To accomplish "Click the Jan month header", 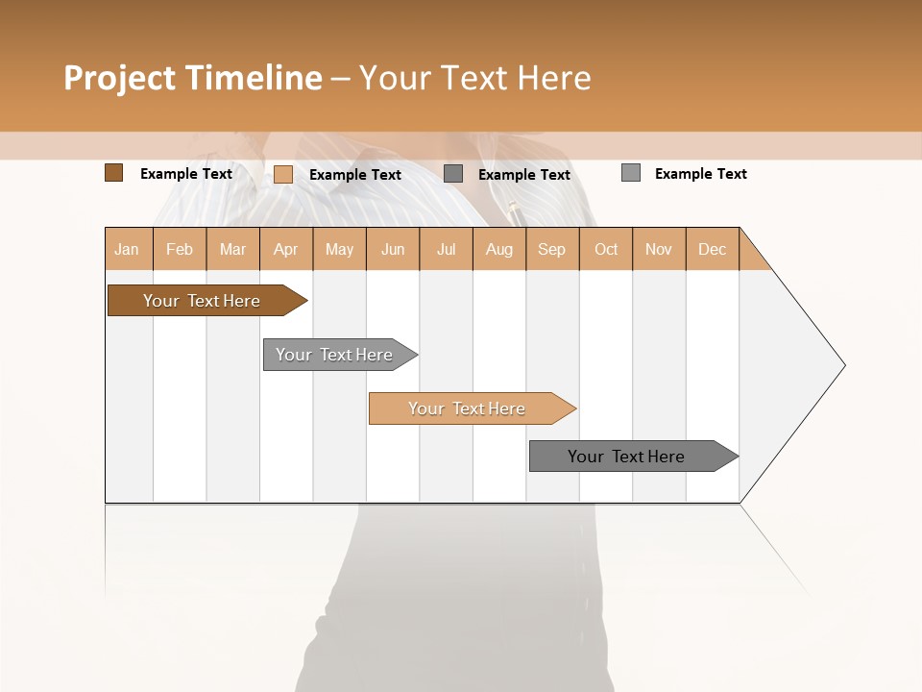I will (128, 249).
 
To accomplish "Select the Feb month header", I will (180, 249).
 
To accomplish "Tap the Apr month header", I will (286, 249).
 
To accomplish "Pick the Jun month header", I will (393, 249).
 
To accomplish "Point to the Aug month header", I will (499, 249).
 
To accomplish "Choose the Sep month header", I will (552, 249).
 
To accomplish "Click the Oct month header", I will (606, 249).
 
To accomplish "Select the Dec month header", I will (713, 249).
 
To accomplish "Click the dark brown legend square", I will (113, 173).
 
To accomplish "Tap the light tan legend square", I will (283, 174).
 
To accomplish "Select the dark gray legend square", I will (453, 173).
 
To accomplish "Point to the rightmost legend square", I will (631, 173).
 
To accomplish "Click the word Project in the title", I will (118, 78).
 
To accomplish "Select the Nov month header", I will (659, 249).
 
